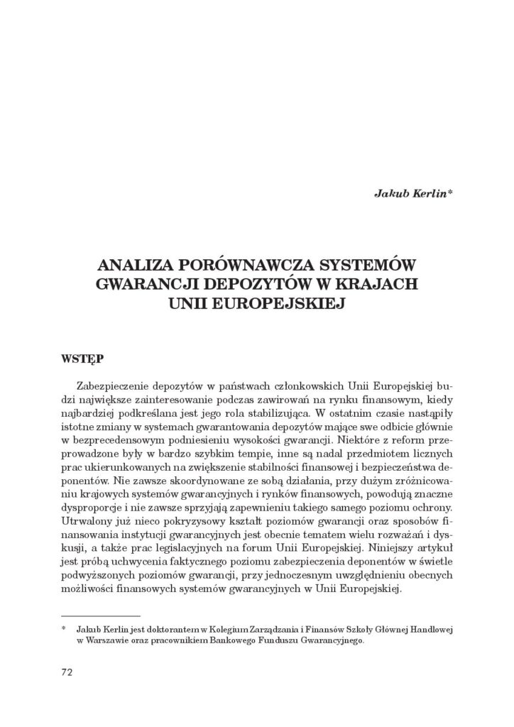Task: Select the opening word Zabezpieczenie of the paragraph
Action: [x=123, y=386]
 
